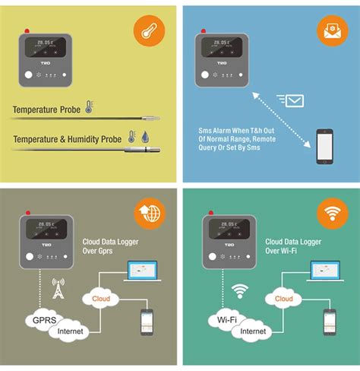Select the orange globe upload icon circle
point(149,213)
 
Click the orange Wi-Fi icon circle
point(331,213)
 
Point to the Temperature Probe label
point(47,110)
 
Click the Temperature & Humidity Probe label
point(67,138)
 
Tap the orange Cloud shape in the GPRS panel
point(102,299)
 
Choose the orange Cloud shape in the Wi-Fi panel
point(283,299)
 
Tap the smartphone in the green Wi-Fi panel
point(330,322)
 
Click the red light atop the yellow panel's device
point(27,31)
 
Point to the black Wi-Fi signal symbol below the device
point(241,290)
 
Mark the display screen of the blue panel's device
point(223,49)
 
